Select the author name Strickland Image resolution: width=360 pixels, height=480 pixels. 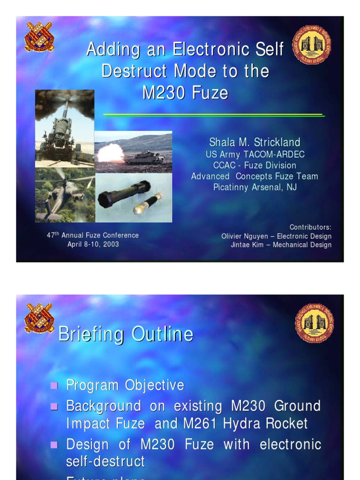point(274,142)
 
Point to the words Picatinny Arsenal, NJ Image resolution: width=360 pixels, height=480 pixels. point(255,187)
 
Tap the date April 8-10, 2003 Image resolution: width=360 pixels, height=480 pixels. point(93,244)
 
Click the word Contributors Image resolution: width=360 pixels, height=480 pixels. point(310,227)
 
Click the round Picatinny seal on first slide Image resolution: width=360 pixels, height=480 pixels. point(312,45)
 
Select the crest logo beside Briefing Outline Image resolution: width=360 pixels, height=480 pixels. point(39,317)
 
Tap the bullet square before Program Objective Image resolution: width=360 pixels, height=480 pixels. point(54,386)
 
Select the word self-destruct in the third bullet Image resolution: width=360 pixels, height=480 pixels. point(105,461)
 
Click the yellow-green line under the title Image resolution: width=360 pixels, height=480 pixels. point(213,115)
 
